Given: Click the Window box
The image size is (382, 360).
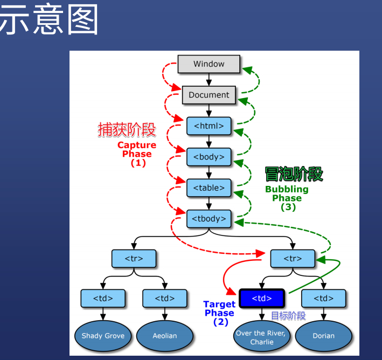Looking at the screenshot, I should pyautogui.click(x=209, y=64).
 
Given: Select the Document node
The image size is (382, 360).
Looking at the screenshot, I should pyautogui.click(x=209, y=95).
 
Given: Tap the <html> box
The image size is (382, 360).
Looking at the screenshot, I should pyautogui.click(x=209, y=126).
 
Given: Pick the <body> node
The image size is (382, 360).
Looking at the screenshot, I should pyautogui.click(x=209, y=157).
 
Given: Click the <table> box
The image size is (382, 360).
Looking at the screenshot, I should pyautogui.click(x=209, y=188).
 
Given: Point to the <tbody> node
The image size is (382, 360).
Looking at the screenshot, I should pyautogui.click(x=209, y=219).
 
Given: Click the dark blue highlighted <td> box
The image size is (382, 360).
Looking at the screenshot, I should pyautogui.click(x=261, y=298).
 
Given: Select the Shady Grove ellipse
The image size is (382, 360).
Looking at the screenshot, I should pyautogui.click(x=103, y=336).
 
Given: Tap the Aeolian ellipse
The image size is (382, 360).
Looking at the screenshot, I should pyautogui.click(x=164, y=336).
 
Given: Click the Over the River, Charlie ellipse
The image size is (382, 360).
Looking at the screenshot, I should pyautogui.click(x=261, y=337).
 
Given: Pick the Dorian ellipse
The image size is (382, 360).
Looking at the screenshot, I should pyautogui.click(x=323, y=336).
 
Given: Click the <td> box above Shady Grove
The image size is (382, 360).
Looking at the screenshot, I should pyautogui.click(x=103, y=298).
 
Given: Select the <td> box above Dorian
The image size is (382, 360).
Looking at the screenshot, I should pyautogui.click(x=323, y=298).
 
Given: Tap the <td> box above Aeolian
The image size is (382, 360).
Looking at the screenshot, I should pyautogui.click(x=164, y=298).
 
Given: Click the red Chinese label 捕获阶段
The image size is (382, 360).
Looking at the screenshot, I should pyautogui.click(x=127, y=130).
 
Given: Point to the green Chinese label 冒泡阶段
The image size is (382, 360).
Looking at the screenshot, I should pyautogui.click(x=294, y=174).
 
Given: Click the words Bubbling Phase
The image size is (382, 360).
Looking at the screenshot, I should pyautogui.click(x=287, y=193).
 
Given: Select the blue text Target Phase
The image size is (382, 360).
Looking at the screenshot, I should pyautogui.click(x=219, y=309).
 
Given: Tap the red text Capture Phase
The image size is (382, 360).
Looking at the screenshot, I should pyautogui.click(x=137, y=149).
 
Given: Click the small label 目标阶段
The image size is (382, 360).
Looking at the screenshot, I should pyautogui.click(x=288, y=316).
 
